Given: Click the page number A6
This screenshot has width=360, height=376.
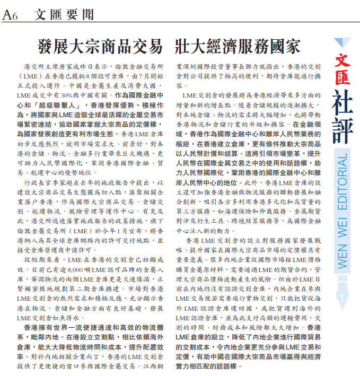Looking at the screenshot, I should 11,16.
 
